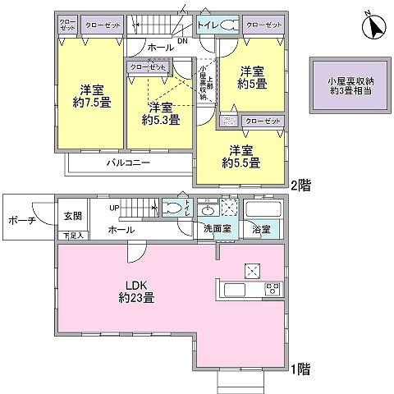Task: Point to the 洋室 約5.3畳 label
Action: (159, 114)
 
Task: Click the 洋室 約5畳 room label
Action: (251, 79)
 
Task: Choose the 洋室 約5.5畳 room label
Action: (241, 157)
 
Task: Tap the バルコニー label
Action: (127, 163)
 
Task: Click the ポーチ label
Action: (21, 222)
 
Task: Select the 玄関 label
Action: (72, 216)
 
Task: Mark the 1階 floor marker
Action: (299, 369)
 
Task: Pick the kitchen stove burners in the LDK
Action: (272, 290)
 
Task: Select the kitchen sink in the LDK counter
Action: (232, 290)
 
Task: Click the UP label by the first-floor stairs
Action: (115, 208)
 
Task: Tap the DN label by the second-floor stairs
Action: (181, 40)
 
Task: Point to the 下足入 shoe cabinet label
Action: (72, 236)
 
